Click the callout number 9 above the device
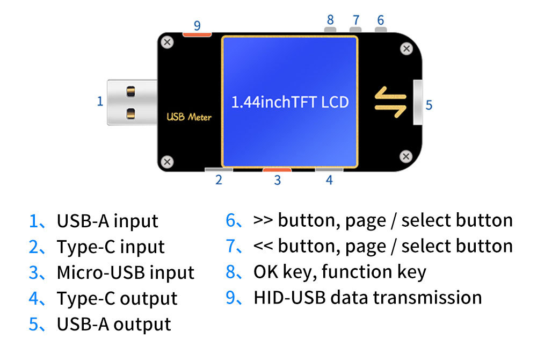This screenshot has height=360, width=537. pos(197,25)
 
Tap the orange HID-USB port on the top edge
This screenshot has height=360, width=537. pos(197,35)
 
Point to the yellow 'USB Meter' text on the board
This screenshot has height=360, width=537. pos(189,117)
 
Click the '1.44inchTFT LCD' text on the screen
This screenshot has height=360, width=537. pos(289,102)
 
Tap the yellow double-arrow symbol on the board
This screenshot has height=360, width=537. pos(390,102)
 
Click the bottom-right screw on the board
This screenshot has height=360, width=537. pos(406,156)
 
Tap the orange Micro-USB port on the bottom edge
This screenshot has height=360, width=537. pos(277,170)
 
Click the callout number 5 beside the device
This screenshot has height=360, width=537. pos(429,105)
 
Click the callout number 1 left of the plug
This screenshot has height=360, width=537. pos(100,101)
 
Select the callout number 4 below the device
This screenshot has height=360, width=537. pos(329,181)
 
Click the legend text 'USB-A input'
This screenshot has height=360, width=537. pos(107,221)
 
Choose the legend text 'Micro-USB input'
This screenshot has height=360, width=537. pos(126,272)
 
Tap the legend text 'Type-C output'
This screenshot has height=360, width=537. pos(117,298)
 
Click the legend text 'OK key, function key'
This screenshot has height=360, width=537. pos(339,272)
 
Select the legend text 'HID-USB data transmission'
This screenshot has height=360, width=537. pos(367,298)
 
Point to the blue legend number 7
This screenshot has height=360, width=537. pos(231,247)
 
